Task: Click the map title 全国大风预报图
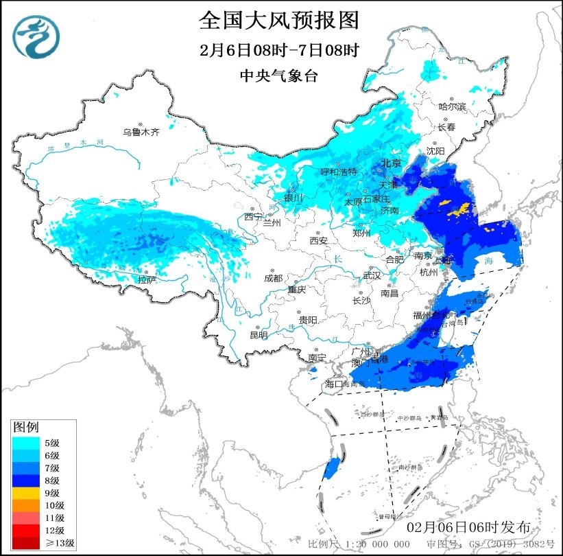tap(280, 21)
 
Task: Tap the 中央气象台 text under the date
tap(279, 76)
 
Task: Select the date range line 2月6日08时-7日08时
tap(279, 50)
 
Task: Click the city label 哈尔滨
tap(452, 106)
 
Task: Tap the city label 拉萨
tap(147, 279)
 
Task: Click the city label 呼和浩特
tap(339, 172)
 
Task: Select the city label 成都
tap(273, 278)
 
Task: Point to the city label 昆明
tap(259, 335)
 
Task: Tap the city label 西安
tap(318, 241)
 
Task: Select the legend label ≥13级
tap(61, 543)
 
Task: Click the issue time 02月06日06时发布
tap(468, 527)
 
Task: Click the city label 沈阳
tap(435, 150)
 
